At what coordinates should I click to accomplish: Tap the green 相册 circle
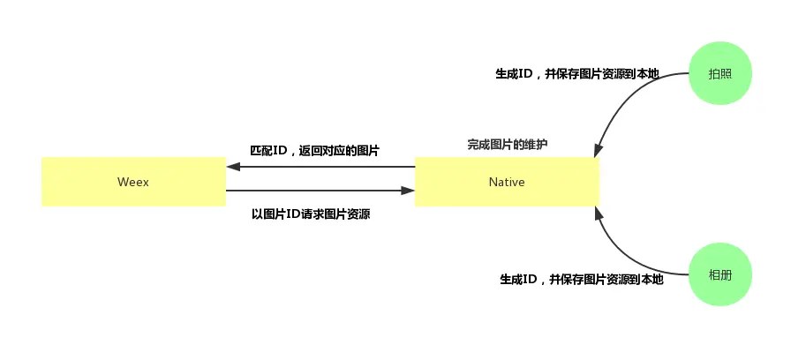[x=719, y=275]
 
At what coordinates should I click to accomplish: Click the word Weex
[x=132, y=183]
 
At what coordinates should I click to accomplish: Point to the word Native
[x=507, y=183]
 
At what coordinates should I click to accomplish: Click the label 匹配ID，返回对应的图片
[x=315, y=151]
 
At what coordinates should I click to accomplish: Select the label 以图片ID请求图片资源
[x=311, y=214]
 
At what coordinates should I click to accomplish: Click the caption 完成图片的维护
[x=507, y=144]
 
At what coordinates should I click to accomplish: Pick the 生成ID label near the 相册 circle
[x=581, y=280]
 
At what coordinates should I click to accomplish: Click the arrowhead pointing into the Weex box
[x=233, y=167]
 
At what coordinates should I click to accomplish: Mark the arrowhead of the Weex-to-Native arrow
[x=408, y=190]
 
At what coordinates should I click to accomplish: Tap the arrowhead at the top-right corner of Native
[x=599, y=151]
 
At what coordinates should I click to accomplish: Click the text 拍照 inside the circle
[x=719, y=73]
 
